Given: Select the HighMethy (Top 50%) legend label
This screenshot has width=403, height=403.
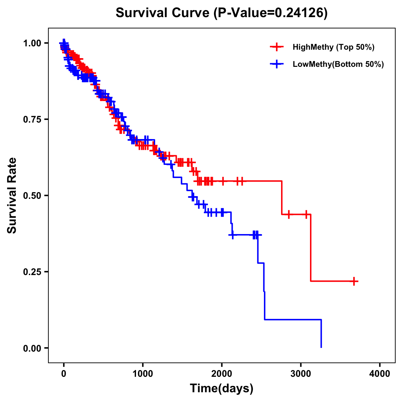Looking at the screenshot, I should (x=333, y=47).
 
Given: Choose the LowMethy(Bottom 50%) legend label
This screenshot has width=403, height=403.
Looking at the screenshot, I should (x=338, y=64).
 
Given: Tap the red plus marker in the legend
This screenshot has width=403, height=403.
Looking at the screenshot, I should (x=277, y=47).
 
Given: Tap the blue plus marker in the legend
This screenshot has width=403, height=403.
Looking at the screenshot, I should (x=277, y=64).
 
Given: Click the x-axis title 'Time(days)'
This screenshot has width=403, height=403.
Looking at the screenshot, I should (x=222, y=389).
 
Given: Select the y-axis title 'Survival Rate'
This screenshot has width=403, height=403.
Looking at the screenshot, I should (x=12, y=195).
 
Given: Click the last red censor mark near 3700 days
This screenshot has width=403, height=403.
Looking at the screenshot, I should (x=354, y=281).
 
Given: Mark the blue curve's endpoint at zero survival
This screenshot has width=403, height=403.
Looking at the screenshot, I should (x=321, y=347).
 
